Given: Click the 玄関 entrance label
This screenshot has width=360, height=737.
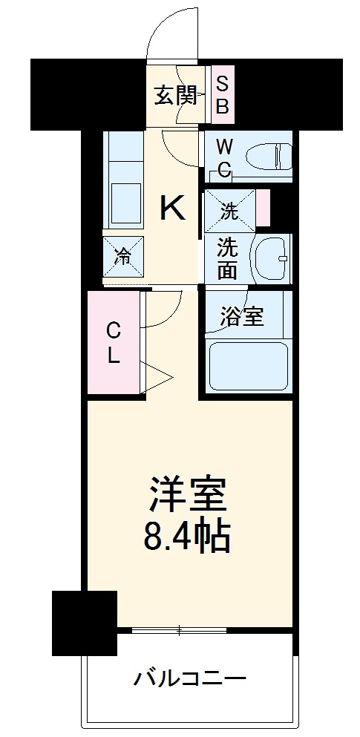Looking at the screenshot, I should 175,96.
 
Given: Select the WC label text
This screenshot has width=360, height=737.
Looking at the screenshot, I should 225,157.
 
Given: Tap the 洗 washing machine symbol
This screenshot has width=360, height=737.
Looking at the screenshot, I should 230,210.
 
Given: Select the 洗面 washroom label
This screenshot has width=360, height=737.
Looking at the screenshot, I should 228,258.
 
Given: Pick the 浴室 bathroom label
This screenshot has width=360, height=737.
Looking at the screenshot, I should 242,317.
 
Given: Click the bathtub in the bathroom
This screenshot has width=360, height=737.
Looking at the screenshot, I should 247,365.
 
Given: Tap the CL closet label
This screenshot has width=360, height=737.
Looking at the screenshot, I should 113,343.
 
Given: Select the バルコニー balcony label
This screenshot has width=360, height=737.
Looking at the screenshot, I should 190,678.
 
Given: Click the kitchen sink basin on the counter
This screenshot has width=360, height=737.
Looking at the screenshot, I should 127,200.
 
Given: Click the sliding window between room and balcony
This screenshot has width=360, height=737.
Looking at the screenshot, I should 201,632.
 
